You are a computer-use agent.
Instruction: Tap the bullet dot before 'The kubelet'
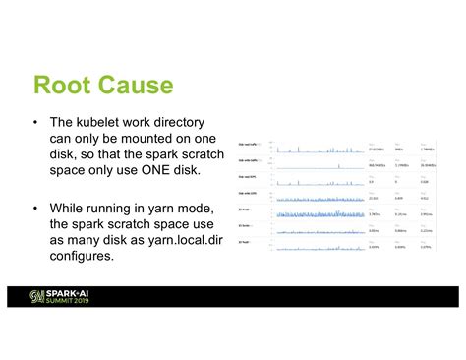35,122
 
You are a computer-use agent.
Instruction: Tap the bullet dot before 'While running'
35,209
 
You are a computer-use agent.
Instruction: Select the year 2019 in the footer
93,300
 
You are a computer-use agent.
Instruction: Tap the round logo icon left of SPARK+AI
37,296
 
